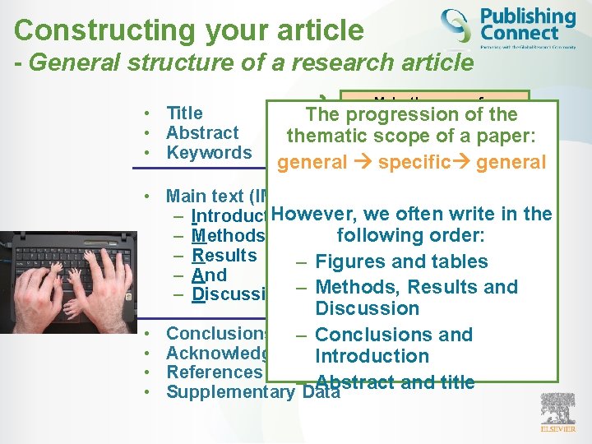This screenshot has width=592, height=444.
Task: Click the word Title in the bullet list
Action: pos(184,113)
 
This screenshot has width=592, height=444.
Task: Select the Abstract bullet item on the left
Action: pos(201,133)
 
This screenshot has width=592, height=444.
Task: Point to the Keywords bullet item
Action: pos(208,153)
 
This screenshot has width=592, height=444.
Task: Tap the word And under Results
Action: pos(209,275)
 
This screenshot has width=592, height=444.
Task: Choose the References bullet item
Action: pos(213,372)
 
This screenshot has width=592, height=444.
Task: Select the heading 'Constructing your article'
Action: pos(188,30)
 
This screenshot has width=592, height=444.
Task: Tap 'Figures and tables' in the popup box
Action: pos(401,262)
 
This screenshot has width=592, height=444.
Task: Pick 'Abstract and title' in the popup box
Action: pos(395,382)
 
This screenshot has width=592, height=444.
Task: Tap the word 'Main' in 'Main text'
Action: pos(186,196)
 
